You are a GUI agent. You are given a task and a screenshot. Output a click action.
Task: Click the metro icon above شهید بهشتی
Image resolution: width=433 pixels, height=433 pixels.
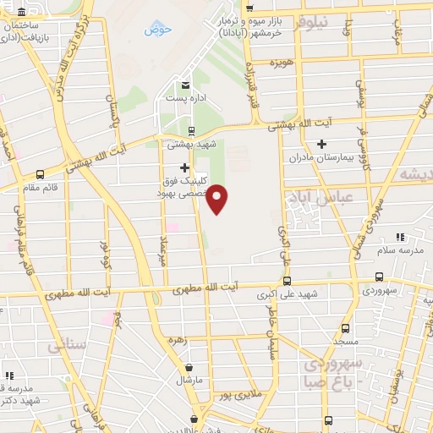[191, 130]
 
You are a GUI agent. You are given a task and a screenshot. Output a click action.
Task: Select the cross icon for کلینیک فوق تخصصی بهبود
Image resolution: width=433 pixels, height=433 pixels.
[185, 167]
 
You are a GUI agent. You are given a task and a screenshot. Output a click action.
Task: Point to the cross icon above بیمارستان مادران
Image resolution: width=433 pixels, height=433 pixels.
[321, 144]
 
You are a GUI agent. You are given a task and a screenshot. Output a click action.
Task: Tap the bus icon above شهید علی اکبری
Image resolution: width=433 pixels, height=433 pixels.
[288, 280]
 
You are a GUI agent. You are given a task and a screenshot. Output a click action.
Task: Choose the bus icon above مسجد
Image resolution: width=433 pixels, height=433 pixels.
[344, 328]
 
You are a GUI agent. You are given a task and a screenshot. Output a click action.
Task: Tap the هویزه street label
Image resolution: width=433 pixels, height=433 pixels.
[305, 63]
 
